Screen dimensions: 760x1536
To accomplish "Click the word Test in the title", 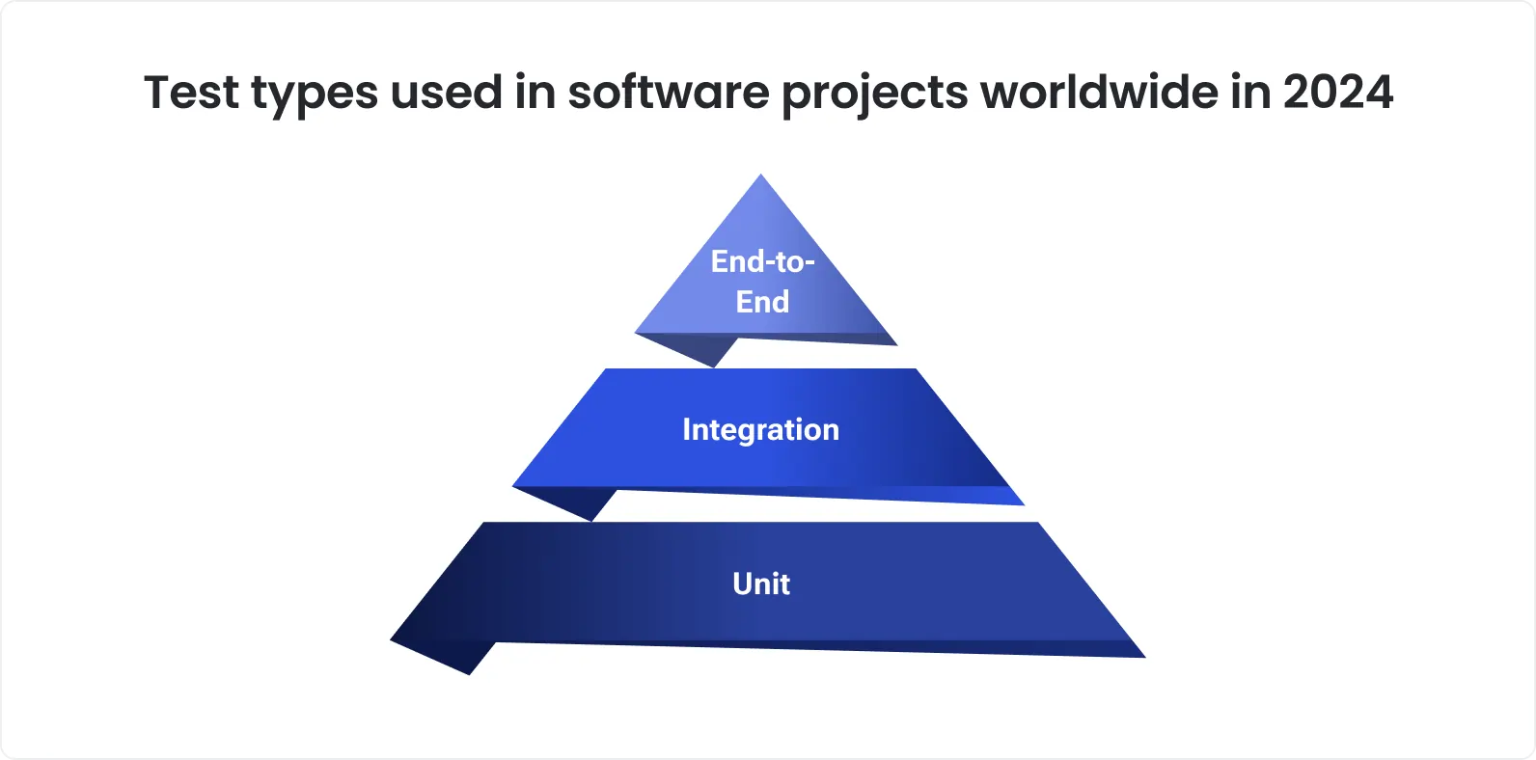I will click(191, 94).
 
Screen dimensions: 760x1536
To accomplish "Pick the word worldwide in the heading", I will click(1100, 94).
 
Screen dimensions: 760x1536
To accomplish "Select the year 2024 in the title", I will click(1337, 94).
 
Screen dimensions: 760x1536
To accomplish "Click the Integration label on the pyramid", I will click(760, 429).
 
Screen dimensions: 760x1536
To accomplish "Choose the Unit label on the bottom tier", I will click(761, 584).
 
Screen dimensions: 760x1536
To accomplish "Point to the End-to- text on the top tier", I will click(762, 261).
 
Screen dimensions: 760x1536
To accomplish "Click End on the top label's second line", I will click(762, 302).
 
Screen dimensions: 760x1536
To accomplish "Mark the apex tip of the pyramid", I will click(761, 176).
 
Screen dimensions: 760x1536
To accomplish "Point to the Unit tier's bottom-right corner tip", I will click(1142, 656).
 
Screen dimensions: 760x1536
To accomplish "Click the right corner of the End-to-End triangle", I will click(894, 342).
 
